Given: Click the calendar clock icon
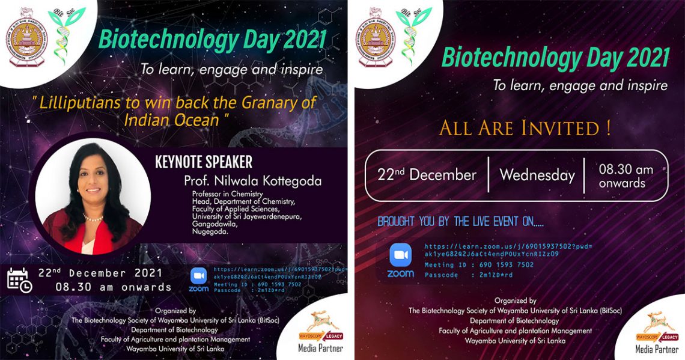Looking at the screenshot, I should [19, 281].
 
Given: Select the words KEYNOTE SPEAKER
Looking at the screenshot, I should [203, 162].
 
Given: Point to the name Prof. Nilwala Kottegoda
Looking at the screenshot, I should [253, 181].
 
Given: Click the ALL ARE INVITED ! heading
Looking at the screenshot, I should [525, 128].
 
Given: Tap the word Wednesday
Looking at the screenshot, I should [537, 175].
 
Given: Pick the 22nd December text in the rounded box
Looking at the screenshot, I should [427, 175].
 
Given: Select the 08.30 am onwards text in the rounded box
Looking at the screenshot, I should [625, 176].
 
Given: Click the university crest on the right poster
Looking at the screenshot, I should [379, 39].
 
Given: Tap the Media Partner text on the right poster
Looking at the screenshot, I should [657, 349].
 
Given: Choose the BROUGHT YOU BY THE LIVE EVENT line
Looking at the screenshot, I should [460, 222].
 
